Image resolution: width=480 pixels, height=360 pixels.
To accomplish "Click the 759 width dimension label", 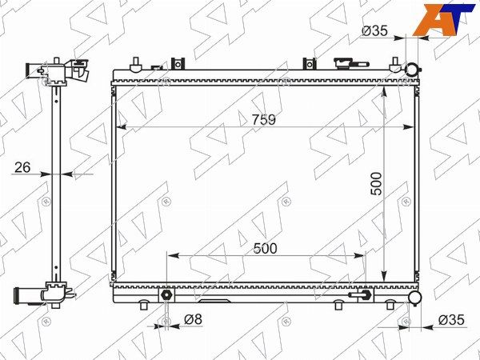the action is [x=263, y=119].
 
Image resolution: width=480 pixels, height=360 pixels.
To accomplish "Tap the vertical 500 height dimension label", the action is [x=376, y=184].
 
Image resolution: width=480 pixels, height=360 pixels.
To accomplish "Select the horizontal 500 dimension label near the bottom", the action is [x=265, y=249].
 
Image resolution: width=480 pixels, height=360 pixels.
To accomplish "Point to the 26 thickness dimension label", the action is [x=22, y=167].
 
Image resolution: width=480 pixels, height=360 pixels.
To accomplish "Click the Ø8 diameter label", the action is [x=194, y=319].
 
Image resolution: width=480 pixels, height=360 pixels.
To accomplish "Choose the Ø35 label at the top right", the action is [x=374, y=30].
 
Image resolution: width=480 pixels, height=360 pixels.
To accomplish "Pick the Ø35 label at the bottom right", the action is [x=451, y=320].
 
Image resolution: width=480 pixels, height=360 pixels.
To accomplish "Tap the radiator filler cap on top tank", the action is [x=351, y=64].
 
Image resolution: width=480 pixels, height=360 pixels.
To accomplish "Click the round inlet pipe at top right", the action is [x=411, y=70].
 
